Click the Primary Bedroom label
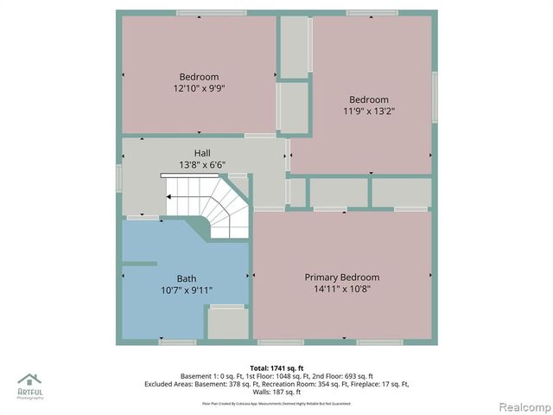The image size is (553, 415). pos(341,277)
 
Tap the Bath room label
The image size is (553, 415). pos(187,278)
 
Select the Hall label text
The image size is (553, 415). pos(201,152)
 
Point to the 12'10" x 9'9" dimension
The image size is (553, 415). pos(200,87)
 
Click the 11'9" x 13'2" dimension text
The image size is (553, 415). pos(369,111)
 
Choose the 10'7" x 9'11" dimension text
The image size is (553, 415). pos(187,290)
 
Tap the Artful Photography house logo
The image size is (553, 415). pos(29,380)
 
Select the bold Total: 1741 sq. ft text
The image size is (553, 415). pos(276,367)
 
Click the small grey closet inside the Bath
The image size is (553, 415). pos(228,323)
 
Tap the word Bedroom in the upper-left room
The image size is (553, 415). pos(200,76)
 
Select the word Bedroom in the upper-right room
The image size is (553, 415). pos(369,99)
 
